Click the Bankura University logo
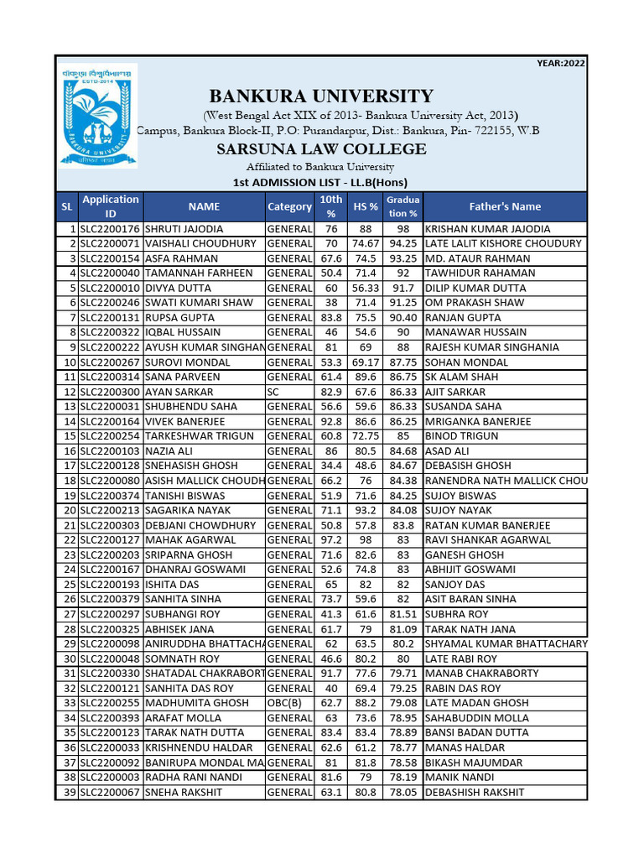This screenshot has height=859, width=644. point(98,117)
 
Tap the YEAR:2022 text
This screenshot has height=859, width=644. point(561,63)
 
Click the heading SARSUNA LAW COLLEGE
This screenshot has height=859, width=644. point(321,149)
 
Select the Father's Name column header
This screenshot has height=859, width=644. point(505,206)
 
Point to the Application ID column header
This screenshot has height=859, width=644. point(110,206)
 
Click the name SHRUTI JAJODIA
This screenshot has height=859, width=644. point(184,229)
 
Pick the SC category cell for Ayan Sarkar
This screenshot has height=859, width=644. point(276,392)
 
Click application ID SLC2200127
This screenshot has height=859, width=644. point(110,540)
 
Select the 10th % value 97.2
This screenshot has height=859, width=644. point(331,540)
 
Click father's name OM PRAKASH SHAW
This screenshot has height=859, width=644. point(475,303)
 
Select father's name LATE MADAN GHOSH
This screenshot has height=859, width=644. point(477,703)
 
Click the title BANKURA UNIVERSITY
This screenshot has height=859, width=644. point(321,96)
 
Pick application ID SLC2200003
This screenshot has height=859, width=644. point(110,778)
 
